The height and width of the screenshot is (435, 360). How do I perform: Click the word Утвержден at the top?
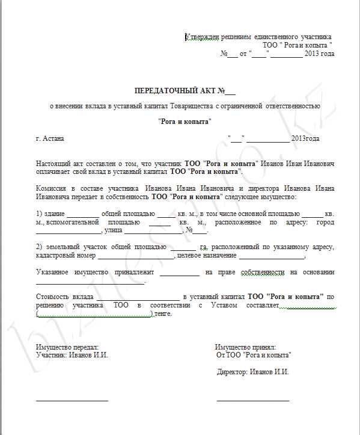[x=203, y=37]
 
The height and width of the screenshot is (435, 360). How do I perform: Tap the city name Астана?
[x=53, y=138]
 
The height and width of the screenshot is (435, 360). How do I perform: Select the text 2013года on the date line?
[x=305, y=138]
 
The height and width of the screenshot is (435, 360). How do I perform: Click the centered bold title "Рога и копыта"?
[x=185, y=122]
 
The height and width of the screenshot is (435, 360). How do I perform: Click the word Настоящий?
[x=55, y=164]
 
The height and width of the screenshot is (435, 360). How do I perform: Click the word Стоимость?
[x=54, y=297]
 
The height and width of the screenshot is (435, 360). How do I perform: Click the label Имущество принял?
[x=245, y=347]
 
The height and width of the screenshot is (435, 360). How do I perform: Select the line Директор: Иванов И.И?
[x=252, y=372]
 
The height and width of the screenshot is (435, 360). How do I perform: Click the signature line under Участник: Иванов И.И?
[x=72, y=400]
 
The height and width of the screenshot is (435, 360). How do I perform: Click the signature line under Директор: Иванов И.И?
[x=252, y=400]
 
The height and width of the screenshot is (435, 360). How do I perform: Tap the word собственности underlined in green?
[x=262, y=273]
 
